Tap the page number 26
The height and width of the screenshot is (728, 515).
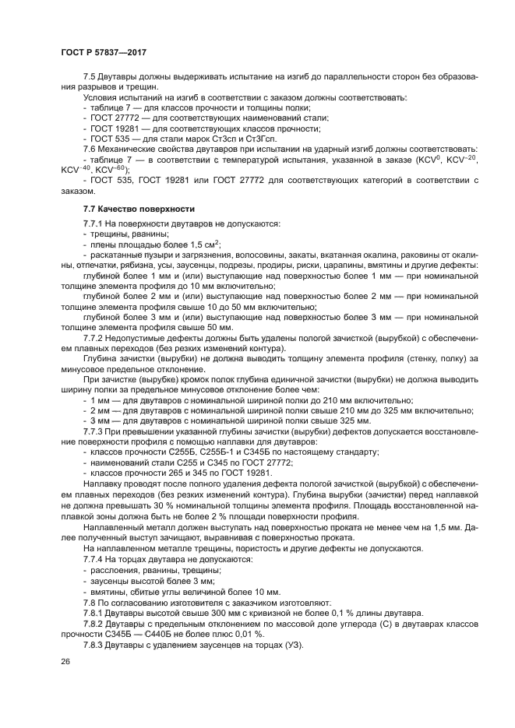click(65, 661)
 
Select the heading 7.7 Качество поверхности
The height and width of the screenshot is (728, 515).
click(139, 209)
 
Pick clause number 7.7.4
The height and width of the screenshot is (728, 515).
click(94, 559)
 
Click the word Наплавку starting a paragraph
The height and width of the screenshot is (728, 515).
click(103, 484)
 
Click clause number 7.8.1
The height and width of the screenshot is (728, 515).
click(94, 612)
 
